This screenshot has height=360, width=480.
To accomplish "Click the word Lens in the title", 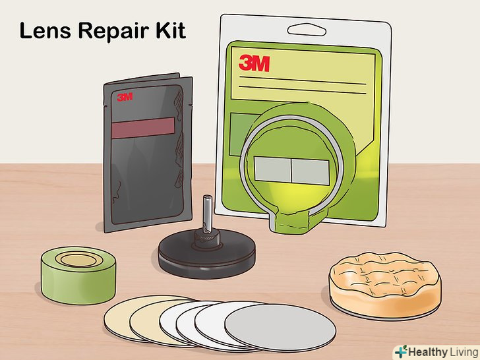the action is (45, 30).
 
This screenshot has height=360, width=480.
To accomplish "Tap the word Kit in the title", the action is (171, 30).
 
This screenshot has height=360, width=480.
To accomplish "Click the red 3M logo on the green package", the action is (255, 63).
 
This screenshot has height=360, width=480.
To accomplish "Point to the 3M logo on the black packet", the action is (125, 97).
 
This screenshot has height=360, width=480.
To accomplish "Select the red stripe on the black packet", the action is (143, 127).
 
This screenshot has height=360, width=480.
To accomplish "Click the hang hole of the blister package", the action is (307, 30).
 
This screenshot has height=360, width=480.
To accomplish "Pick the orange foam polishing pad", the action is (385, 285).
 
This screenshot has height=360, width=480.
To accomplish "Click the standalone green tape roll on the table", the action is (78, 275).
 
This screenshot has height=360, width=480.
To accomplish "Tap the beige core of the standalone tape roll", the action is (79, 260).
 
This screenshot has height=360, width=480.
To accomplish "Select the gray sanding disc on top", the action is (280, 328).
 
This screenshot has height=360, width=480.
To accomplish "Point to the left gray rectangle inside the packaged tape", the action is (272, 169).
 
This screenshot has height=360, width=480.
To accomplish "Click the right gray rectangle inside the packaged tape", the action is (310, 171).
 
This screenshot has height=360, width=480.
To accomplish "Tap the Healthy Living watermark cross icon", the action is (401, 351).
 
